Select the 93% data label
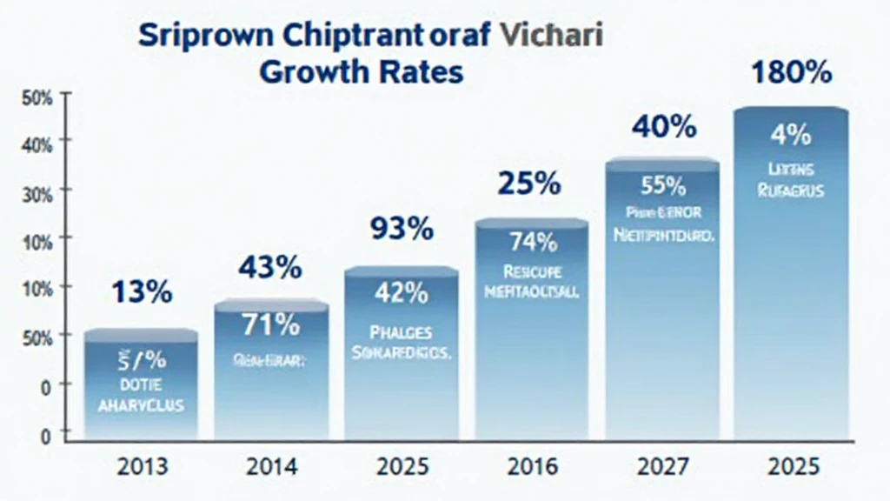point(401,230)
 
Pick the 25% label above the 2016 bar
point(528,184)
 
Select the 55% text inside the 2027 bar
point(662,184)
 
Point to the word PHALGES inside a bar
point(401,331)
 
